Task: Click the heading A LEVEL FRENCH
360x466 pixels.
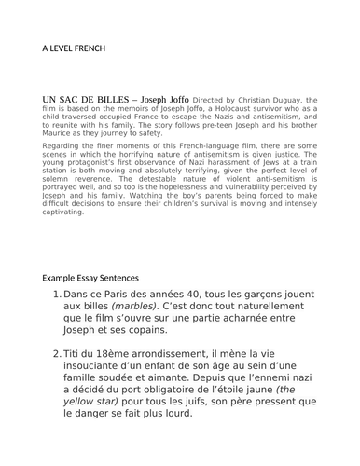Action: coord(75,48)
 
